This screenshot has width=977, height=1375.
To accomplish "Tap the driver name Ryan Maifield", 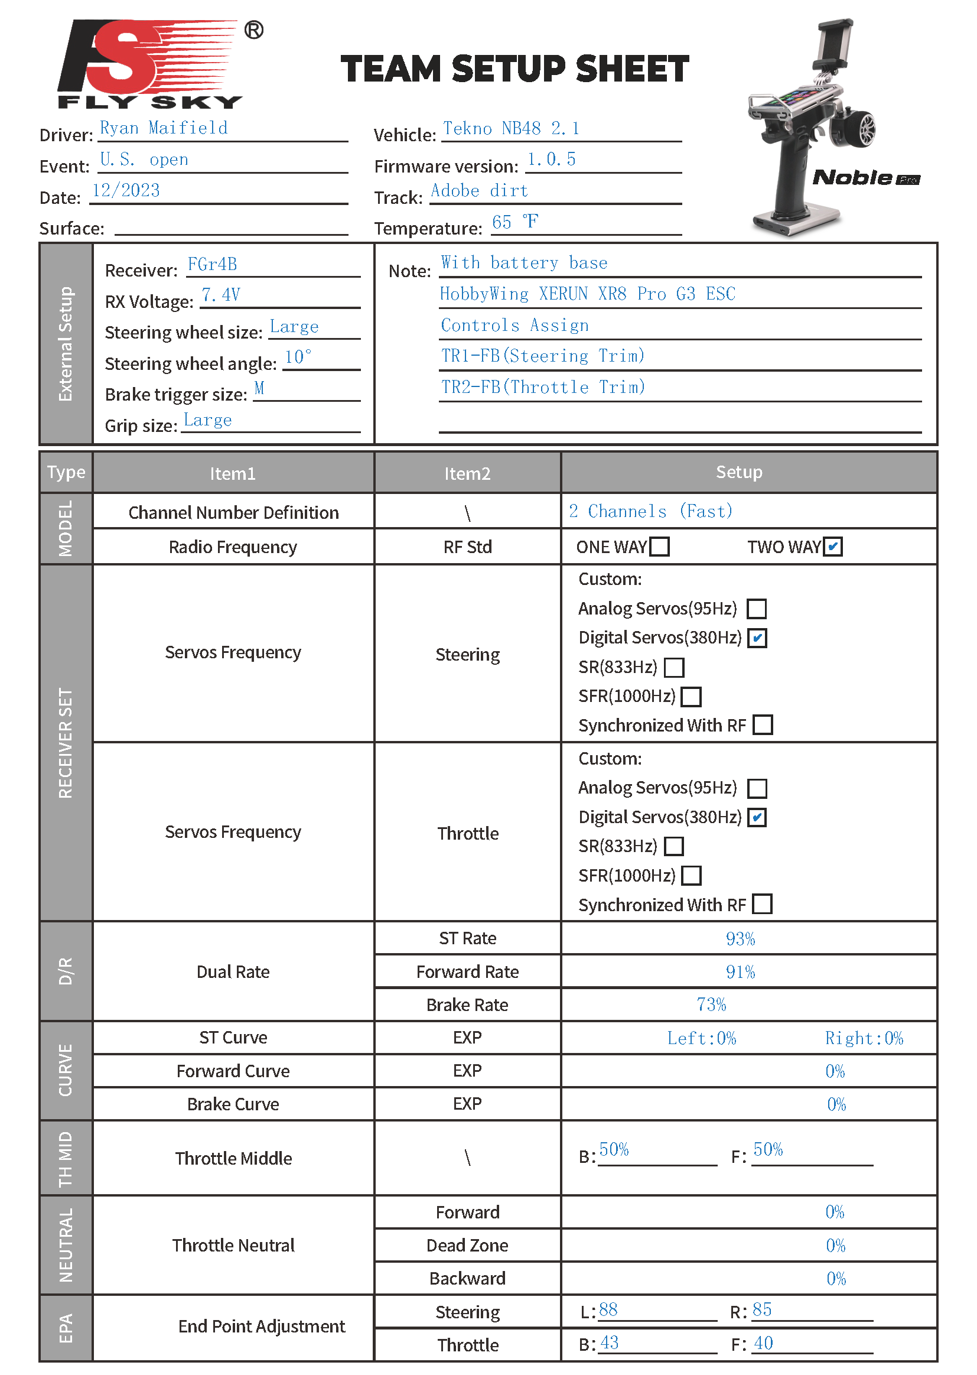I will point(164,128).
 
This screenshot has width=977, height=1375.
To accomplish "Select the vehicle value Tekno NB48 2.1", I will point(511,129).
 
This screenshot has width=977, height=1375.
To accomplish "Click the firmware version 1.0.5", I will point(551,160).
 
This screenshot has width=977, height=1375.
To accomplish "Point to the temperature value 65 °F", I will point(515,222).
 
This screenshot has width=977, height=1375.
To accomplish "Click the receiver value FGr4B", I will point(212,265).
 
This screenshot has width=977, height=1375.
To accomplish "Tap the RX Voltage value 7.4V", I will point(221,295).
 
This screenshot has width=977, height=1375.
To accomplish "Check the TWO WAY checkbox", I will point(833,547).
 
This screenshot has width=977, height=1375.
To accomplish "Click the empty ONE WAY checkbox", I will point(659,547).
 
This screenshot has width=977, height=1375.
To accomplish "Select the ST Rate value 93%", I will point(740,939).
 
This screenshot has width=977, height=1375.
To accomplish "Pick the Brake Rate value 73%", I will point(711,1005).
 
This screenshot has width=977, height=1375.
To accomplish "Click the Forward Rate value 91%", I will point(740,972).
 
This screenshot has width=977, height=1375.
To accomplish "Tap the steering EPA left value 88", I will point(608,1309).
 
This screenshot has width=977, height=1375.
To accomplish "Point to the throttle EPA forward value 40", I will point(763,1343).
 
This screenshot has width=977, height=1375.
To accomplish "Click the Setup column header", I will point(739,472).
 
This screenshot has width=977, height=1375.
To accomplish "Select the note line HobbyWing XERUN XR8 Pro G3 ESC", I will point(587,294).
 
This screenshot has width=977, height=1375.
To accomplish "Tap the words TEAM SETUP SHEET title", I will point(514,69).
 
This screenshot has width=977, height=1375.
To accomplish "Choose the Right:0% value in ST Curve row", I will point(864,1038).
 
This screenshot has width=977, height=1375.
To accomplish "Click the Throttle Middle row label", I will point(233,1158).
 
